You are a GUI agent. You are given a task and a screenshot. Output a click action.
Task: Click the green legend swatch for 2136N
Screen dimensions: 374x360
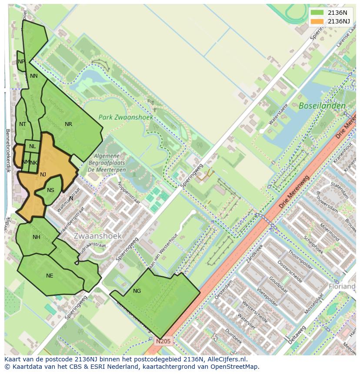(x=317, y=13)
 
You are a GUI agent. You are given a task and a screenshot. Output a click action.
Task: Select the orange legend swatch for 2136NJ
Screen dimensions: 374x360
(x=317, y=21)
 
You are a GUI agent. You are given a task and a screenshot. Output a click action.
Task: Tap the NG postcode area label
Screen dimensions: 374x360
(x=137, y=291)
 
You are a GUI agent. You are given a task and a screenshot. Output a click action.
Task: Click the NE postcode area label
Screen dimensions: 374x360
(x=50, y=276)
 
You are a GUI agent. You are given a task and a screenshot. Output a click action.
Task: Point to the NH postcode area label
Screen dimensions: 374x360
(x=36, y=237)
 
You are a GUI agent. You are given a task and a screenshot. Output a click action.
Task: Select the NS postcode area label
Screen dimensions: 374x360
(x=50, y=190)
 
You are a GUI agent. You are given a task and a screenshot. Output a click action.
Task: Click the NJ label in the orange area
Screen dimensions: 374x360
(x=43, y=175)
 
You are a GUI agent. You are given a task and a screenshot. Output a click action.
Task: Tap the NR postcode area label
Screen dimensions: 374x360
(x=68, y=124)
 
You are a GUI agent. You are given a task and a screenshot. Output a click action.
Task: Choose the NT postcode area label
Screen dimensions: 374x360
(x=23, y=124)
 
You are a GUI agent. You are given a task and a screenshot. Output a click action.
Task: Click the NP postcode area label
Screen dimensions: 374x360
(x=21, y=62)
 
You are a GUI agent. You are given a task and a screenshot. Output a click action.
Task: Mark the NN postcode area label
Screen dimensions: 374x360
(x=33, y=76)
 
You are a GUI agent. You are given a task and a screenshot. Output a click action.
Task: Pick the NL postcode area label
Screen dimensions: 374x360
(x=33, y=146)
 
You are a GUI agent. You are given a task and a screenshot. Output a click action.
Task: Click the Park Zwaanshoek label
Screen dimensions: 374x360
(x=120, y=117)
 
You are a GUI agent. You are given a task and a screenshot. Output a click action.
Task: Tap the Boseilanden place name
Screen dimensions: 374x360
(x=322, y=106)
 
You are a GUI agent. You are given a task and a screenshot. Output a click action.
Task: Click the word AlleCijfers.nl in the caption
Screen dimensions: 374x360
(x=226, y=359)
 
